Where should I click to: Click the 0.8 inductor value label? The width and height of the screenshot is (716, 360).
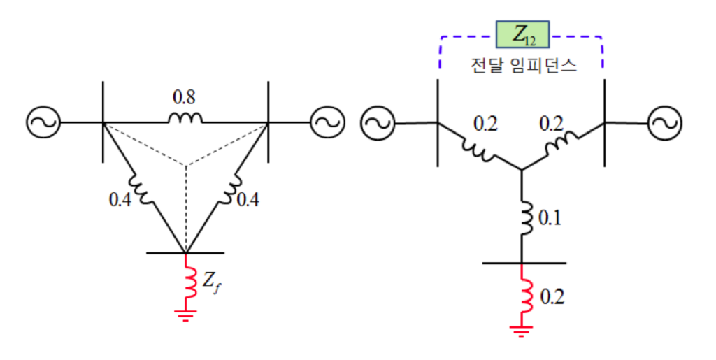coord(184,96)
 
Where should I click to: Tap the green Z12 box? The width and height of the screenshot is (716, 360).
coord(522,34)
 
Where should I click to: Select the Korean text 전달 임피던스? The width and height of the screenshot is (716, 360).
coord(523,65)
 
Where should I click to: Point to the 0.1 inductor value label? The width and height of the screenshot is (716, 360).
coord(550,218)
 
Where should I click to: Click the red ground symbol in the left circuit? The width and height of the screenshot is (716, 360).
coord(185,315)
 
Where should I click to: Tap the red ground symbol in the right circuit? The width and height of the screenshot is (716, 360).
coord(521,331)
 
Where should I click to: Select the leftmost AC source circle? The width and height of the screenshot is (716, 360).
coord(43,122)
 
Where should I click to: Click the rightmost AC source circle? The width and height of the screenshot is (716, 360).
coord(665,122)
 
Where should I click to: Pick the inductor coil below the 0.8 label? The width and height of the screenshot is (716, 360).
coord(185,118)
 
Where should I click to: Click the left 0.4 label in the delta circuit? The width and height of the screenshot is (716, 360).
coord(120,200)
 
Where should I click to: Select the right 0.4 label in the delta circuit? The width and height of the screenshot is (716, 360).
coord(248,200)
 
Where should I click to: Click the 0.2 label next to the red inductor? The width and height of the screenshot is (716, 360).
coord(552,297)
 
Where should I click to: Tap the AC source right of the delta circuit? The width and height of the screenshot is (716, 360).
coord(327,122)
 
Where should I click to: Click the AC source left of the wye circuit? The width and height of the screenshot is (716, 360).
coord(378,123)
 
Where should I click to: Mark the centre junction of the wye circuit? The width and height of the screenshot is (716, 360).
coord(522,171)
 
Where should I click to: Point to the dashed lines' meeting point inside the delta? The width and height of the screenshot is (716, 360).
coord(185,165)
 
